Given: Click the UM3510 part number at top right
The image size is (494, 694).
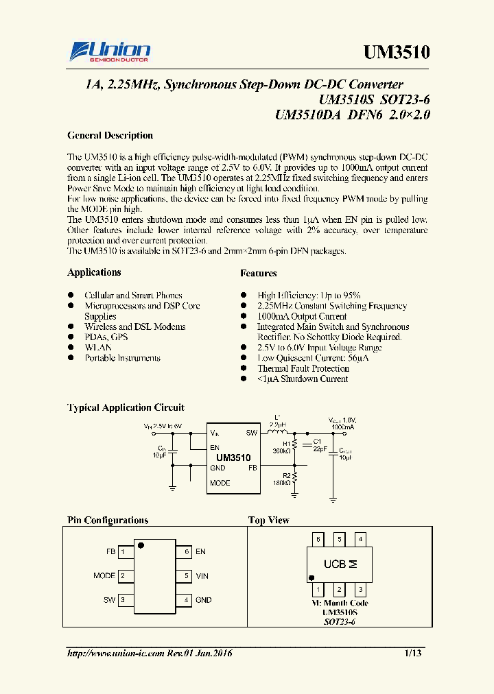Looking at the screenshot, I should tap(396, 53).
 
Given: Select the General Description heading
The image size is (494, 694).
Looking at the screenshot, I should tap(110, 136).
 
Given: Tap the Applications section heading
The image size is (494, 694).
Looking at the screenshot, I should tap(94, 273).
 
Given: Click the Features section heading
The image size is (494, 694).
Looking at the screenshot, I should tap(259, 274).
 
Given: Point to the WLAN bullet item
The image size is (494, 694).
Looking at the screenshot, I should tap(98, 348).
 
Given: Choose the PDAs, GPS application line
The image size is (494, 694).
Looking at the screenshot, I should tap(106, 337).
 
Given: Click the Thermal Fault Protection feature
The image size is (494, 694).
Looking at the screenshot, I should tap(303, 368).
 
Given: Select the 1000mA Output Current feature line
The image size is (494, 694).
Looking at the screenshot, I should tap(302, 317).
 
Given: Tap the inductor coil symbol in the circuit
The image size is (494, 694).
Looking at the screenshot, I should tap(278, 433).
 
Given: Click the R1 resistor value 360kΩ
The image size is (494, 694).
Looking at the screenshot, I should tap(281, 451).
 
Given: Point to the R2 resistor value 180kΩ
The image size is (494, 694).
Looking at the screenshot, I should tap(281, 482).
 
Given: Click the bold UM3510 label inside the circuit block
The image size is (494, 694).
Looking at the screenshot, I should tap(233, 457).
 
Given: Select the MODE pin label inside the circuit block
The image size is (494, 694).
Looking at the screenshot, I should tap(220, 483).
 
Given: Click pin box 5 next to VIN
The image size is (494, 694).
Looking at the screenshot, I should tap(183, 576).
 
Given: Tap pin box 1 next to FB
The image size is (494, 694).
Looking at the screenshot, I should tap(123, 551).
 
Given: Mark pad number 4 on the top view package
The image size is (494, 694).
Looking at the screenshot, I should tap(361, 540).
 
